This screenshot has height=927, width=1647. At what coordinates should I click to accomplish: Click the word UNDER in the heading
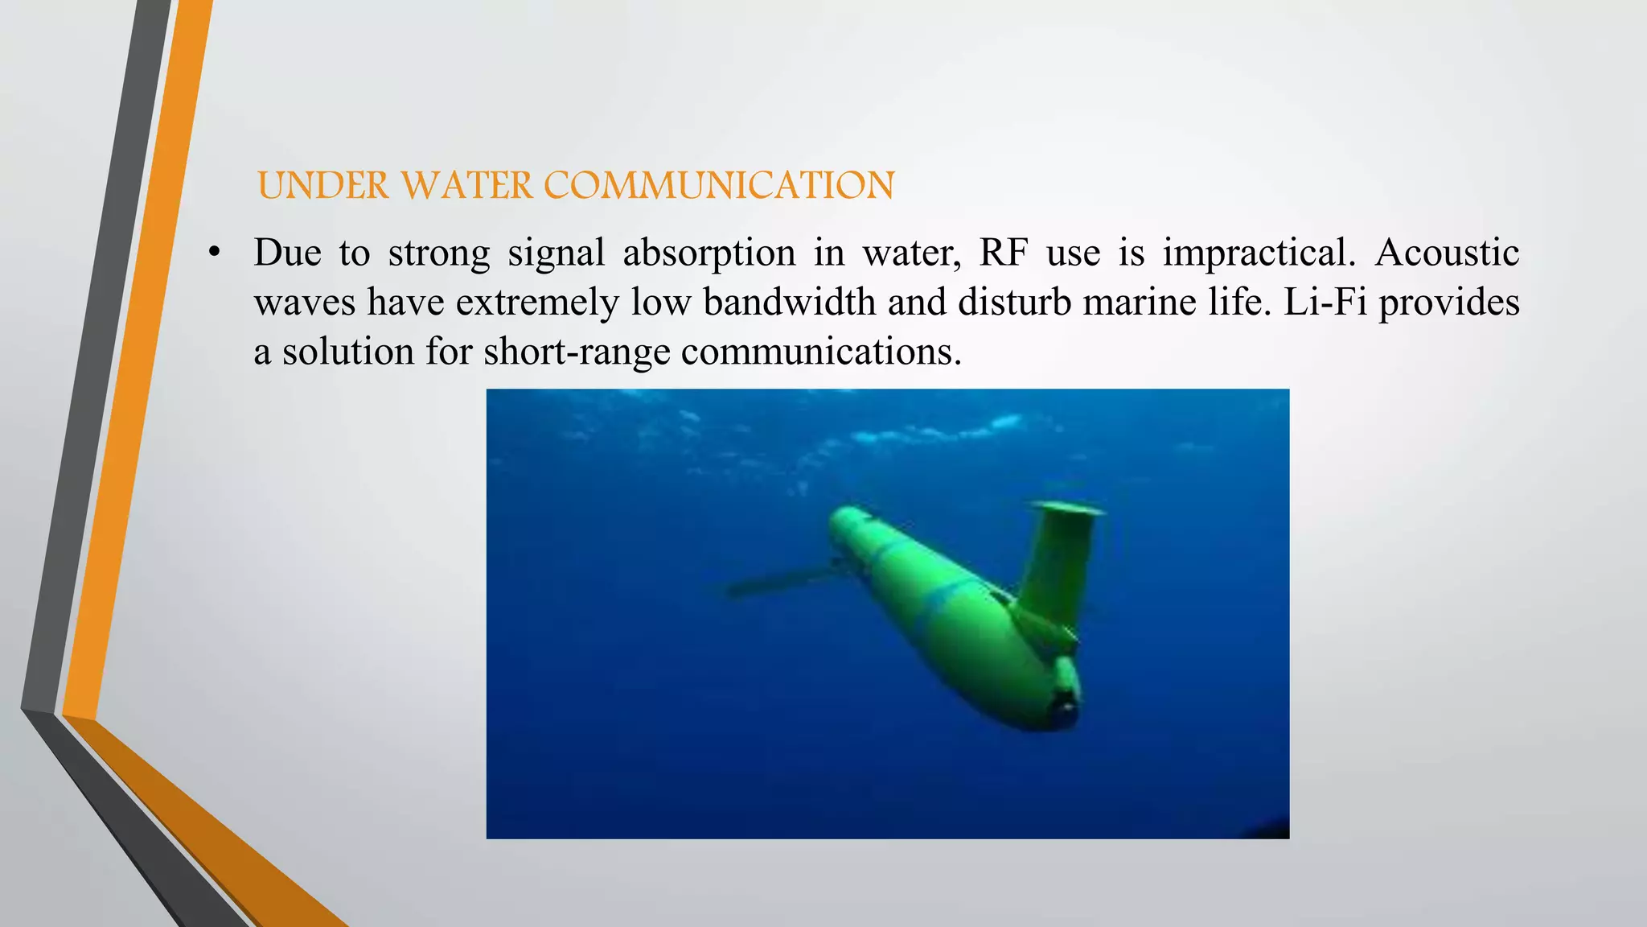pos(323,186)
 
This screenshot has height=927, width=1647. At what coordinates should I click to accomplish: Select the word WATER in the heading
pos(466,186)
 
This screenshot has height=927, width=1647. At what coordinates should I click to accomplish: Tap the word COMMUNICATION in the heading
pos(719,186)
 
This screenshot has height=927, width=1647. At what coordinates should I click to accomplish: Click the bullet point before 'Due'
pos(213,253)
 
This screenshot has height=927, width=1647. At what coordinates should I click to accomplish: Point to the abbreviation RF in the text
pos(1003,253)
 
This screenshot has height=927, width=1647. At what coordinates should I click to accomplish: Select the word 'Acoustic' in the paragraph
pos(1447,253)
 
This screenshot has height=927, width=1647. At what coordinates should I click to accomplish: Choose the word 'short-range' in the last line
pos(577,352)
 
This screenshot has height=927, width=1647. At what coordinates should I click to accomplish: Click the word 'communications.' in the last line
pos(821,352)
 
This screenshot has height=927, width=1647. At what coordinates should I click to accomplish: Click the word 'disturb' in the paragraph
pos(1014,303)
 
